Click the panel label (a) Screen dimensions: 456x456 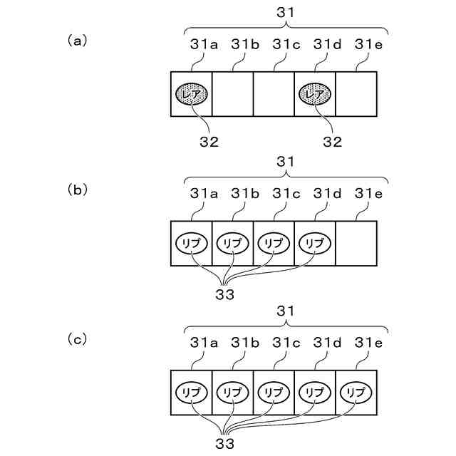tap(76, 41)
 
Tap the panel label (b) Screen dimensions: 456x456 tap(76, 190)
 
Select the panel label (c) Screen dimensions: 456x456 tap(76, 338)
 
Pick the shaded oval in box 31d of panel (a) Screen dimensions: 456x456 tap(315, 94)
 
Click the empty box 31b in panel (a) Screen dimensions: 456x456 tap(233, 94)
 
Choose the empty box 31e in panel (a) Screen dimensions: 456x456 tap(356, 94)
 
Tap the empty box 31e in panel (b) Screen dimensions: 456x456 tap(356, 243)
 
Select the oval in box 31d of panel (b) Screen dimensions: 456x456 tap(315, 243)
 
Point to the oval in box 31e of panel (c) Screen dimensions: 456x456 tap(356, 392)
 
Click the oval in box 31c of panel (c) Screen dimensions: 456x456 tap(274, 392)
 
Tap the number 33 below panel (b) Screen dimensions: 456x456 tap(224, 292)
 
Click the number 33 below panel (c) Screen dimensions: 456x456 tap(224, 442)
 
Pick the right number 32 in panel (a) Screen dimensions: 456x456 tap(331, 142)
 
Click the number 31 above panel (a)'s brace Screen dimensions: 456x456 tap(285, 12)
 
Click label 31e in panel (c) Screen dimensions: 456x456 tap(368, 342)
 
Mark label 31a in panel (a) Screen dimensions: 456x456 tap(204, 44)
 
